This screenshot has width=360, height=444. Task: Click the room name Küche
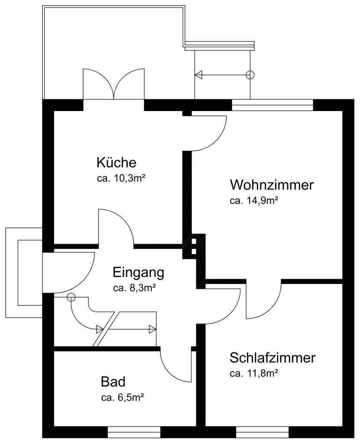point(116,163)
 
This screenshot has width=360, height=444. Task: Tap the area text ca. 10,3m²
point(120,178)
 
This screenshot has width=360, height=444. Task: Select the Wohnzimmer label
point(272,185)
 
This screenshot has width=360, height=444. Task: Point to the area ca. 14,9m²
point(253,200)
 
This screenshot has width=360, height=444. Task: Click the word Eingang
point(139,273)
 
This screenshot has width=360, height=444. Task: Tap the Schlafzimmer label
point(272,358)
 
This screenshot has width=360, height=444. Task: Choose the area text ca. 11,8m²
point(253,373)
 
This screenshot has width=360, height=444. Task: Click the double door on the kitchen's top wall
point(114,85)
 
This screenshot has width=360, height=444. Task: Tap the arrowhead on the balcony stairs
point(198,75)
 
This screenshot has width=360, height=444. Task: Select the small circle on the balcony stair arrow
point(250,75)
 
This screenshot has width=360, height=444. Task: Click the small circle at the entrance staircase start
point(71,297)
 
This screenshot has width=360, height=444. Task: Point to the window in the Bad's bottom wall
point(134,432)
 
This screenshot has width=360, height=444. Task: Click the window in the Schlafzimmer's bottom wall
point(263,432)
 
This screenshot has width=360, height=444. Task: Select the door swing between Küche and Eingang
point(116,228)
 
